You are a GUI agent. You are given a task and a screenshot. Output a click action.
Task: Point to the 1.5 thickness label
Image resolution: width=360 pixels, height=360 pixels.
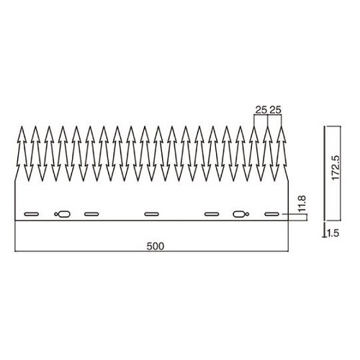[x=332, y=233]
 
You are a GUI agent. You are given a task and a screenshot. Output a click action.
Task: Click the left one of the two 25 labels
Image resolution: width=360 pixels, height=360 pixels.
[x=261, y=110]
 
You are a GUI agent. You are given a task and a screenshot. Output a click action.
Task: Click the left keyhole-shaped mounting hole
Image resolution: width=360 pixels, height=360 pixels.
[x=63, y=214]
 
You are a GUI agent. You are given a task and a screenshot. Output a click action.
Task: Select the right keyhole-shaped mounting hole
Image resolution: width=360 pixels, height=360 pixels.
[x=240, y=214]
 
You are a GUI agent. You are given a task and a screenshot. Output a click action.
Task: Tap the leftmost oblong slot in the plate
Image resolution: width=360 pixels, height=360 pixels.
[x=32, y=214]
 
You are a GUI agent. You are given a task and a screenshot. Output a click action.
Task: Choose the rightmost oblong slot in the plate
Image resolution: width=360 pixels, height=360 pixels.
[x=271, y=214]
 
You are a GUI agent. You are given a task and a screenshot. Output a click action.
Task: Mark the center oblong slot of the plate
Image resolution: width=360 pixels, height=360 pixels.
[x=151, y=214]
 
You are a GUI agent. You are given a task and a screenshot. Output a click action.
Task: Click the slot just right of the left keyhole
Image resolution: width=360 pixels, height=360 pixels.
[x=91, y=214]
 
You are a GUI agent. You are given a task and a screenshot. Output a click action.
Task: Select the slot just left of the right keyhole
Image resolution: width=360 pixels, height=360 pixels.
[x=212, y=214]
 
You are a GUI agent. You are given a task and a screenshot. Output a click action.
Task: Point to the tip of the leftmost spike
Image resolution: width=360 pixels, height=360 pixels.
[x=21, y=127]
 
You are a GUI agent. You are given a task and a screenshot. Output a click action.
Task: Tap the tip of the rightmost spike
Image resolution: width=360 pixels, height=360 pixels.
[x=282, y=127]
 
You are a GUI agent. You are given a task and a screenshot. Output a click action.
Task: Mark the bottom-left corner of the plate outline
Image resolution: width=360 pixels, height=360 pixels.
[x=15, y=220]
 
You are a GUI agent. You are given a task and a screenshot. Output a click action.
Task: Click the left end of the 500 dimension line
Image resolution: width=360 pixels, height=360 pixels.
[x=15, y=252]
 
